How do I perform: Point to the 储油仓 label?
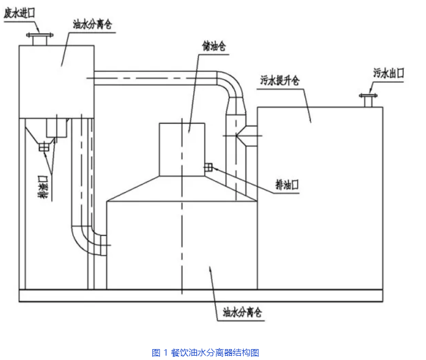click(213, 48)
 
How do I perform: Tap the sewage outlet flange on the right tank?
click(367, 101)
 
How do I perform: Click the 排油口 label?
click(288, 185)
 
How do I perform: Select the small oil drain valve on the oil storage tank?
click(207, 168)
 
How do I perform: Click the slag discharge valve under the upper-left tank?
click(44, 147)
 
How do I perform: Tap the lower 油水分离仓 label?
click(242, 313)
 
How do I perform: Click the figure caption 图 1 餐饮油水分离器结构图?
click(209, 352)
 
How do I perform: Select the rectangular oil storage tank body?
click(182, 149)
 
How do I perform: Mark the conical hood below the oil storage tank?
click(182, 188)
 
